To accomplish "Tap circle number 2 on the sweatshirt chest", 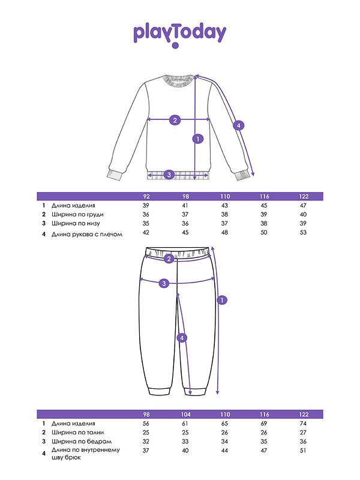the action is point(175,120).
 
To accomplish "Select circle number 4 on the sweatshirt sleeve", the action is point(238,125).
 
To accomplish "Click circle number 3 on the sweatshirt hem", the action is point(169,175).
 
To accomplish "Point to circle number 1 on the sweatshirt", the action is point(198,139).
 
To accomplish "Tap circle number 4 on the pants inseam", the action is point(182,338).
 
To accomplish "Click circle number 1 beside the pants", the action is point(222,300).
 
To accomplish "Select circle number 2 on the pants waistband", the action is point(169,259).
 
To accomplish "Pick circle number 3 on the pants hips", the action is point(164,283).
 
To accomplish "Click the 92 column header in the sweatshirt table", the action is point(146,197).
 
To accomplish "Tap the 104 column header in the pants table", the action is point(185,415).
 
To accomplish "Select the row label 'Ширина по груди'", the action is point(77,215).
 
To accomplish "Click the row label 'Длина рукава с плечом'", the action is point(87,235).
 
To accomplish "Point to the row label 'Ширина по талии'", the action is point(77,433).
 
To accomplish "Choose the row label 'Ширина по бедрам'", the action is point(82,442).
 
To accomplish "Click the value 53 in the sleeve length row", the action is point(303,233).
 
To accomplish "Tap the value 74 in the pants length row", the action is point(303,424).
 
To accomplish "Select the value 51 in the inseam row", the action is point(303,451).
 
